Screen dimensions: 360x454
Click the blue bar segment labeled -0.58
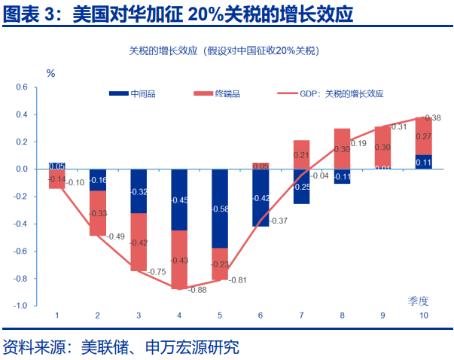tap(219, 209)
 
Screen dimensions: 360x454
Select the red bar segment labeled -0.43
tap(179, 260)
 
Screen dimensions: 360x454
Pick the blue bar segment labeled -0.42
tap(261, 198)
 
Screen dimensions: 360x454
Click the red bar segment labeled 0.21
tap(301, 154)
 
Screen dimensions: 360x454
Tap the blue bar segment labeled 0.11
tap(423, 162)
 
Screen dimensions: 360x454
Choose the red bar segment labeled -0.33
tap(98, 213)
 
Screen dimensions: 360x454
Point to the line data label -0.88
tap(197, 290)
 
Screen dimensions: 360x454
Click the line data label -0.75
tap(157, 272)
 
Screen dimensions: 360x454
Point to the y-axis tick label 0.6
tap(21, 87)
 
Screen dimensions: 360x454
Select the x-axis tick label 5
tap(219, 316)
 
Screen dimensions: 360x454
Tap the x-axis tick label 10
tap(423, 316)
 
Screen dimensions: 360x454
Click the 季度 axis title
tap(419, 301)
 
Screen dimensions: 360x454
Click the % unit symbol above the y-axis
tap(51, 73)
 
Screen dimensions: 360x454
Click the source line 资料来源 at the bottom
tap(120, 347)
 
